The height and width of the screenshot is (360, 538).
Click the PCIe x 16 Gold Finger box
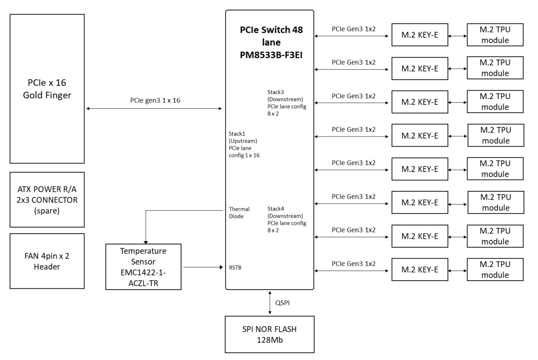47,89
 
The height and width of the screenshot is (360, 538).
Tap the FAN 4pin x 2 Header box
47,261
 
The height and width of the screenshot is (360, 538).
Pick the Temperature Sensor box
143,267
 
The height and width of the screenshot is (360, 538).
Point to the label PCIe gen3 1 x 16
155,101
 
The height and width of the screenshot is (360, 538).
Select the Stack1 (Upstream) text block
244,143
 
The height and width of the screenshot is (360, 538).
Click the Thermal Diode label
239,212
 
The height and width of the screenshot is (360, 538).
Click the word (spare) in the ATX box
47,210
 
